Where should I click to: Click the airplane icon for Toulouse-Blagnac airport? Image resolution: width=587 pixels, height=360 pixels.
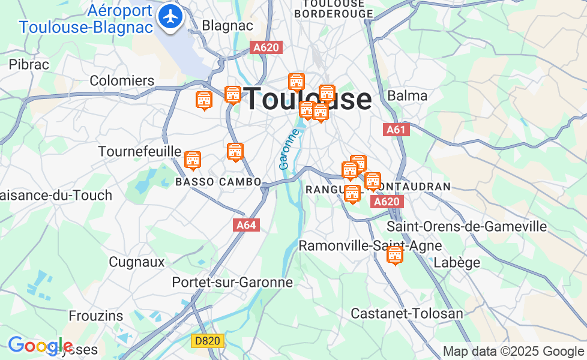[172, 16]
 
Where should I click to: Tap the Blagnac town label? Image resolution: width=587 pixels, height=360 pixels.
[227, 26]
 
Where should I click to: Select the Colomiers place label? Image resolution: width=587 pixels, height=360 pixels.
[122, 80]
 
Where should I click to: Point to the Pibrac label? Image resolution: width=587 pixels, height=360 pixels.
[29, 64]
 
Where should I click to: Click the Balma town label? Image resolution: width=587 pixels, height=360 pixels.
[408, 95]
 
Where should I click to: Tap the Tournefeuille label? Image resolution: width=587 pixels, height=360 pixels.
[139, 151]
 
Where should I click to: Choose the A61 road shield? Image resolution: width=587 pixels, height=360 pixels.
[397, 130]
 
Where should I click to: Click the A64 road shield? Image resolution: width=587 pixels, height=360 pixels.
[247, 225]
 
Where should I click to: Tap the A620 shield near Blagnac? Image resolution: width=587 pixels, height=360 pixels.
[266, 47]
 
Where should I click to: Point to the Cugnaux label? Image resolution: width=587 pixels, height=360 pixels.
[136, 262]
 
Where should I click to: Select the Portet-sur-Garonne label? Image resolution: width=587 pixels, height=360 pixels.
[232, 282]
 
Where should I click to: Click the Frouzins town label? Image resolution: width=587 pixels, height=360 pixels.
[96, 316]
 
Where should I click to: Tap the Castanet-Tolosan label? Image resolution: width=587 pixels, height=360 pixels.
[407, 313]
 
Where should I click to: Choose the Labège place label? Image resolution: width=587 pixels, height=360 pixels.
[457, 262]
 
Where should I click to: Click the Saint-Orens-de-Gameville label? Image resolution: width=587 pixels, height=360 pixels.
[466, 226]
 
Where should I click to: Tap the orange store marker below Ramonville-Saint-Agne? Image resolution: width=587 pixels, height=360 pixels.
[394, 255]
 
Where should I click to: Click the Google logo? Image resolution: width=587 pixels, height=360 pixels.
[40, 346]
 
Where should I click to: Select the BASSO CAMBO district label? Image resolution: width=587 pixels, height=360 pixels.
[218, 181]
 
